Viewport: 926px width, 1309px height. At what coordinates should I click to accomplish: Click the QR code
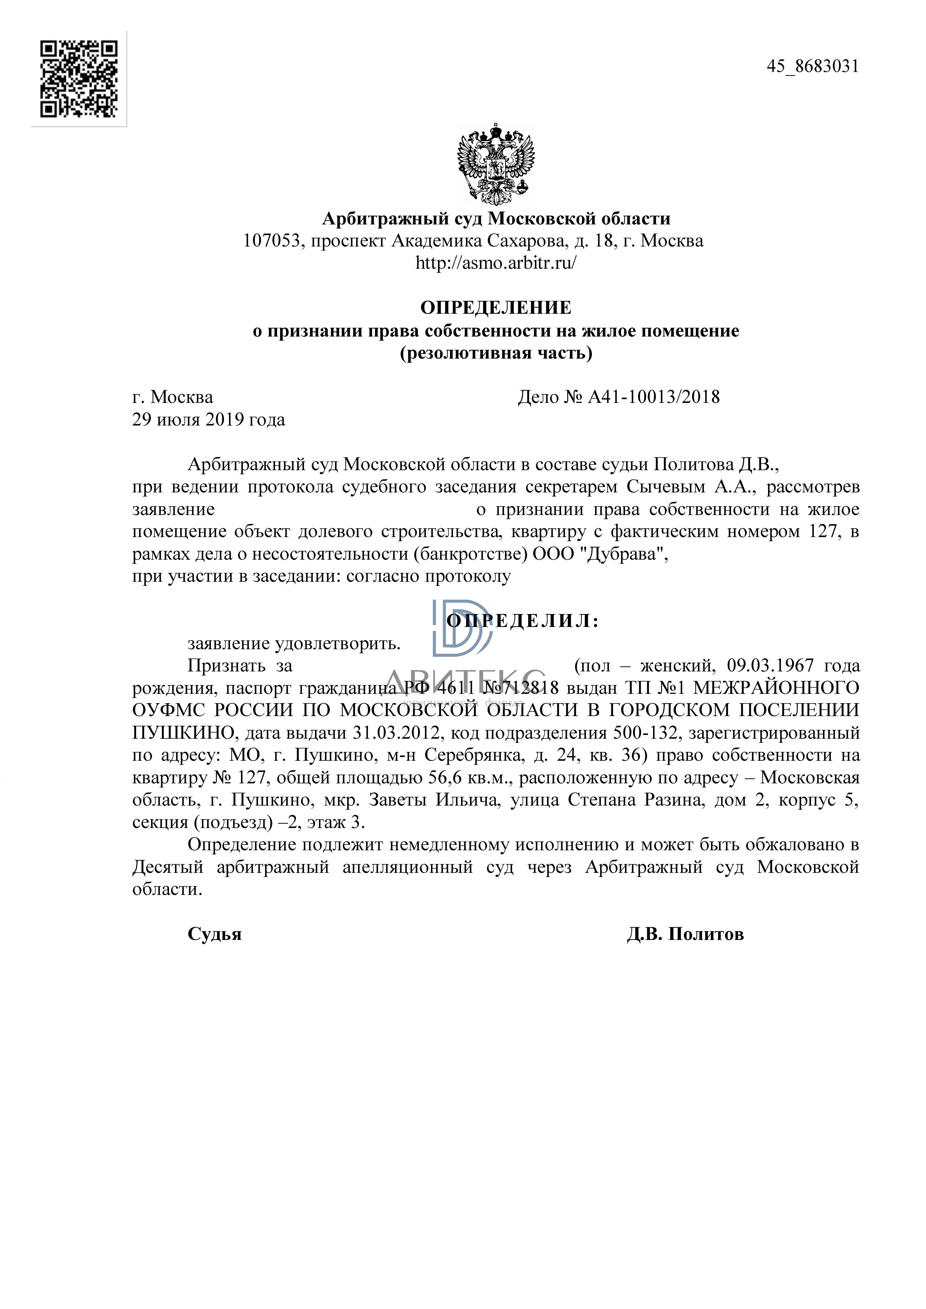coord(79,79)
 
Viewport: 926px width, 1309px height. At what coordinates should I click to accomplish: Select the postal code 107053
coord(271,241)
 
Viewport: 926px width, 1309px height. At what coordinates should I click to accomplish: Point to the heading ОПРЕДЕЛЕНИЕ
coord(496,308)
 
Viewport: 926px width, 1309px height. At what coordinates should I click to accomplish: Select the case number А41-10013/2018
coord(653,397)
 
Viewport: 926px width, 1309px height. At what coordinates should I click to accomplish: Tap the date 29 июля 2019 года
coord(209,420)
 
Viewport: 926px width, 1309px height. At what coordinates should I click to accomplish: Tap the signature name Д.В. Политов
coord(685,934)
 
